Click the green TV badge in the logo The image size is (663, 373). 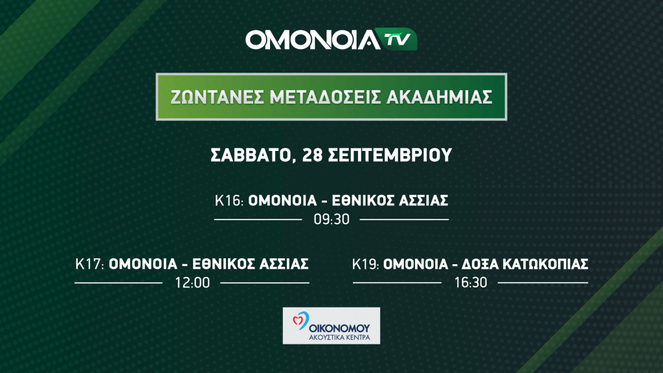click(397, 40)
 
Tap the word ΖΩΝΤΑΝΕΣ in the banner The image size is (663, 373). click(216, 97)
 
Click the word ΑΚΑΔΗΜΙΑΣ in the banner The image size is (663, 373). click(440, 97)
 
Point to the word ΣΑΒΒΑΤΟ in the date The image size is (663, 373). click(251, 155)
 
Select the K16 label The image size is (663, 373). click(229, 201)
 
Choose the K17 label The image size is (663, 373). click(89, 264)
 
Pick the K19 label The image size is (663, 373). click(366, 264)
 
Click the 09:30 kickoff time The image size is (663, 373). click(331, 220)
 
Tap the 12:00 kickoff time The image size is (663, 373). click(192, 283)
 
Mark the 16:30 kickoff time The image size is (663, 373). click(471, 283)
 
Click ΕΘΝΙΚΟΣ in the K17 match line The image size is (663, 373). click(223, 264)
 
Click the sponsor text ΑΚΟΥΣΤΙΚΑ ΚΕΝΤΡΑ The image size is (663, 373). click(339, 337)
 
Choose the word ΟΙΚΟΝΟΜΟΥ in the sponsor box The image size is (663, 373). click(339, 328)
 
